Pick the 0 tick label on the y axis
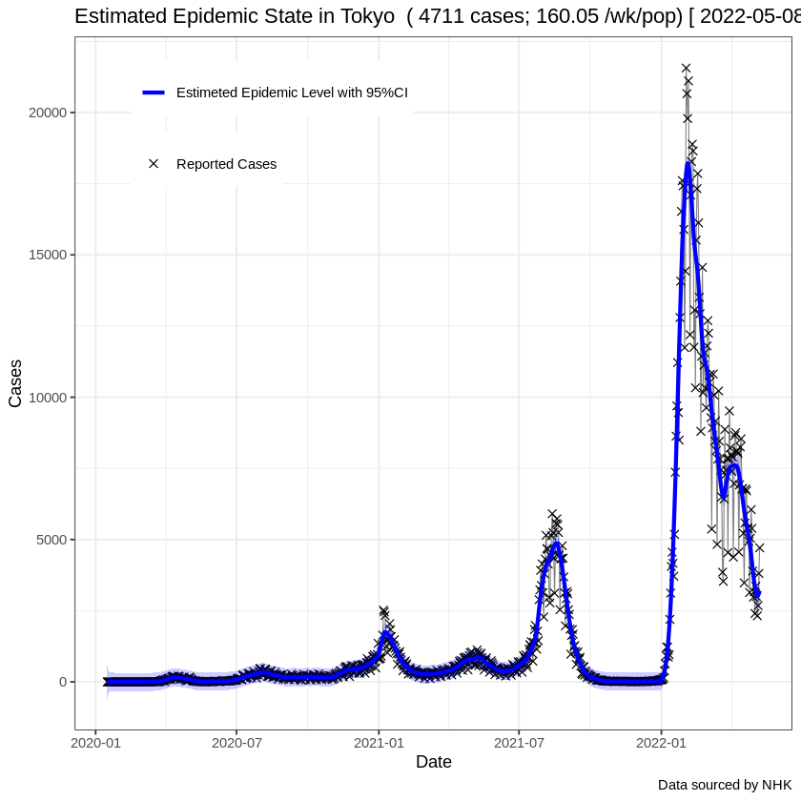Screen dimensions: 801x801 pyautogui.click(x=63, y=682)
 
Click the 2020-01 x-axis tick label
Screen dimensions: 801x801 pyautogui.click(x=96, y=741)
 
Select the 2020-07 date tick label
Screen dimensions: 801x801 pyautogui.click(x=236, y=741)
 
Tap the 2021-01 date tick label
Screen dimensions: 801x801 pyautogui.click(x=379, y=741)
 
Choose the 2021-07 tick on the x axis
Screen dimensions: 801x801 pyautogui.click(x=518, y=741)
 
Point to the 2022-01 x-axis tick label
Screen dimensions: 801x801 pyautogui.click(x=661, y=741)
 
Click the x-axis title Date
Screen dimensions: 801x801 pyautogui.click(x=433, y=762)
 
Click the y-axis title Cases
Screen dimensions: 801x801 pyautogui.click(x=16, y=383)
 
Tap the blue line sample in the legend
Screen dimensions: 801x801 pyautogui.click(x=154, y=92)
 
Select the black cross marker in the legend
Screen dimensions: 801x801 pyautogui.click(x=154, y=164)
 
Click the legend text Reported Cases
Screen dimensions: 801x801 pyautogui.click(x=226, y=164)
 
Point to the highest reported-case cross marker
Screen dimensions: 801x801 pyautogui.click(x=686, y=68)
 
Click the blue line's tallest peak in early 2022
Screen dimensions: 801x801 pyautogui.click(x=688, y=163)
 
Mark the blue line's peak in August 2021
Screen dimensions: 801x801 pyautogui.click(x=556, y=544)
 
